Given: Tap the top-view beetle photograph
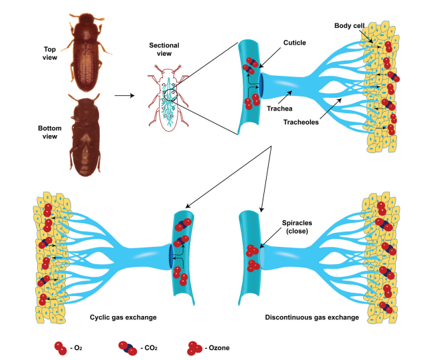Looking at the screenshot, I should [85, 55].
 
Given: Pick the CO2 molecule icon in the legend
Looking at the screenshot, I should [130, 347].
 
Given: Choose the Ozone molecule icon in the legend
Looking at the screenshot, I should [194, 347].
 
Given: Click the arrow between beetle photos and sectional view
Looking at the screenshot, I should [124, 96].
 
